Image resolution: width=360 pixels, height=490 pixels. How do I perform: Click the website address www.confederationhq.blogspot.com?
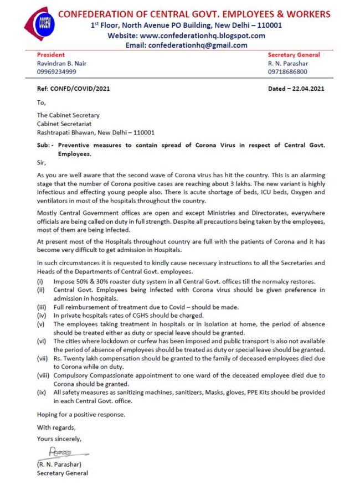coord(202,35)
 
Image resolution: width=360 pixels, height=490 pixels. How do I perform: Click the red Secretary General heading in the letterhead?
coord(294,55)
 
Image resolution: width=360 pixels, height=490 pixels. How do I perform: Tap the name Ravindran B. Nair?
coord(61,63)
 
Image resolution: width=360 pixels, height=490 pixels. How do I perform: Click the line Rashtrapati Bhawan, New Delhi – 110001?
coord(96,132)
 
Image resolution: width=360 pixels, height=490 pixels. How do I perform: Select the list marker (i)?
coord(40,282)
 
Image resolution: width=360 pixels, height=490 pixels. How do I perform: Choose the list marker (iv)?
coord(42,316)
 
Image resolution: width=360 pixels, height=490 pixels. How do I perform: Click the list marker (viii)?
coord(44,375)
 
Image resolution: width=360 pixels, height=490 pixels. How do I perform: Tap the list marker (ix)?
coord(42,392)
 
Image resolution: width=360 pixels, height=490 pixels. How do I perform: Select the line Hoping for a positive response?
coord(80,414)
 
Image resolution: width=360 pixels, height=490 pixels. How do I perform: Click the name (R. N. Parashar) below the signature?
coord(60,464)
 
